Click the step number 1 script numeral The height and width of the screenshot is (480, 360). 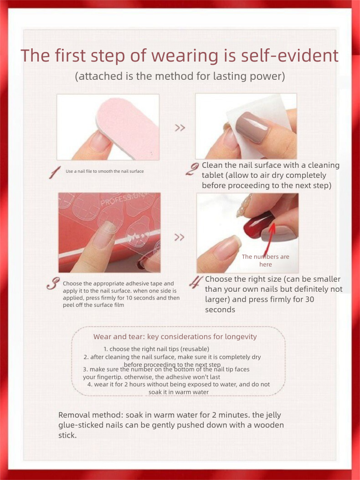55,173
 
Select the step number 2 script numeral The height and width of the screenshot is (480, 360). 192,169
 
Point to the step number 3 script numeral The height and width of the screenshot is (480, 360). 53,284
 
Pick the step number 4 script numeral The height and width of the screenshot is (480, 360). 196,282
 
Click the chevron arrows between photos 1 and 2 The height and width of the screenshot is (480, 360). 180,128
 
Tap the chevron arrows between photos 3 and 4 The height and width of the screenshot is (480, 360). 180,237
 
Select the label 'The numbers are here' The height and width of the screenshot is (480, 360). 265,260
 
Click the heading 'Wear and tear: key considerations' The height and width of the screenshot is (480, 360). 175,337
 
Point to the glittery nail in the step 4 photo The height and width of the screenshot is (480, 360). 244,206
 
